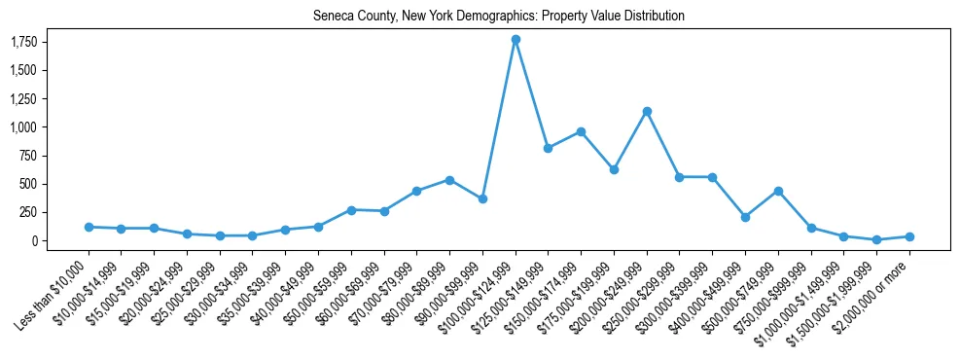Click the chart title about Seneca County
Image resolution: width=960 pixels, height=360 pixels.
click(x=499, y=16)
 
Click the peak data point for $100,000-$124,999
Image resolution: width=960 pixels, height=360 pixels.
click(x=516, y=39)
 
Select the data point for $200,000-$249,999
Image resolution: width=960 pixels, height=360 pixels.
click(x=647, y=111)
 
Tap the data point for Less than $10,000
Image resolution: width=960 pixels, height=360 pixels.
click(x=89, y=227)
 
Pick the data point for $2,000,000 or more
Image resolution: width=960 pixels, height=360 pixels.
click(x=909, y=236)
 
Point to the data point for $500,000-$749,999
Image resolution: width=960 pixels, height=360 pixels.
click(x=778, y=191)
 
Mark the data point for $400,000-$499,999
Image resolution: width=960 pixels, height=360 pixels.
click(x=745, y=217)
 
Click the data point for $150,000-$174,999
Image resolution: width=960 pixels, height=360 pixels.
click(x=581, y=131)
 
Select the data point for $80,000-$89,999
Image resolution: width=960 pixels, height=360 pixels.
click(x=449, y=180)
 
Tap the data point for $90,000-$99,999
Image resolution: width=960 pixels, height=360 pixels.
click(x=482, y=198)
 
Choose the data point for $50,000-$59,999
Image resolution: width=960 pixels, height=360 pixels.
click(x=351, y=209)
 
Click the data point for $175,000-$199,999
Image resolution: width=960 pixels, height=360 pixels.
click(x=614, y=169)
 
